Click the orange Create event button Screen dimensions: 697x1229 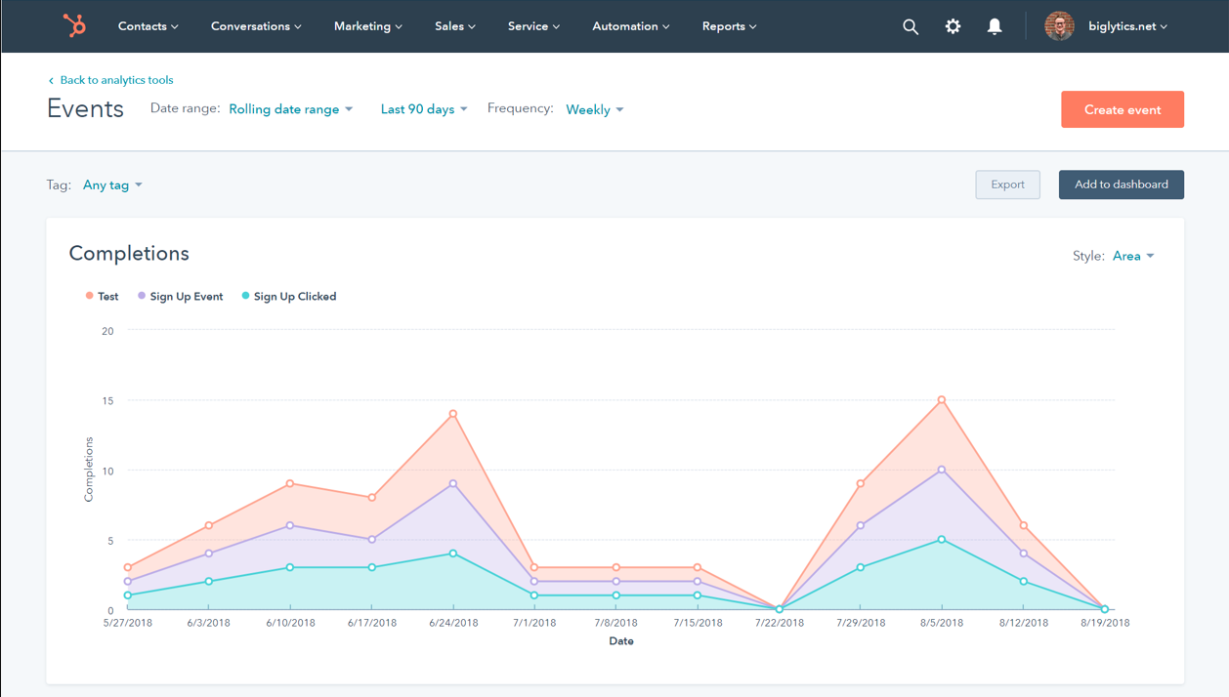pos(1122,109)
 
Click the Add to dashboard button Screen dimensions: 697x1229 pos(1121,184)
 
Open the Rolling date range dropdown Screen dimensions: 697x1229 pos(290,109)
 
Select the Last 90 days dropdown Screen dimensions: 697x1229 pos(423,109)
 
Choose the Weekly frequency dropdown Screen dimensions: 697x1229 pos(594,109)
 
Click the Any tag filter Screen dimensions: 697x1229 pos(112,184)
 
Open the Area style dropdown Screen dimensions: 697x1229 pos(1133,256)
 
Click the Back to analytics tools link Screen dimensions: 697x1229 pos(115,80)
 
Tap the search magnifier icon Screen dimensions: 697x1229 pos(910,26)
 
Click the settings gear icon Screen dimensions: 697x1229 pos(953,26)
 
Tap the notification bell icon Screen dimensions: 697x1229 pos(994,26)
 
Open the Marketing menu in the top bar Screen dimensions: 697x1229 pos(367,26)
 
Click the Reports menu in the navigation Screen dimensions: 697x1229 pos(729,26)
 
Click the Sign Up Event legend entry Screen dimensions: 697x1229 pos(185,297)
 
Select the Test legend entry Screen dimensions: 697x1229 pos(106,297)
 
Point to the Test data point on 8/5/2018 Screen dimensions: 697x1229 pos(942,400)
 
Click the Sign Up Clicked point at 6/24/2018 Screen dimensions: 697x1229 pos(453,553)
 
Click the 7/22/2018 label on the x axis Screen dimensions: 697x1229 pos(779,623)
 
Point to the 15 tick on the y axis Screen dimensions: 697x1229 pos(107,401)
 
